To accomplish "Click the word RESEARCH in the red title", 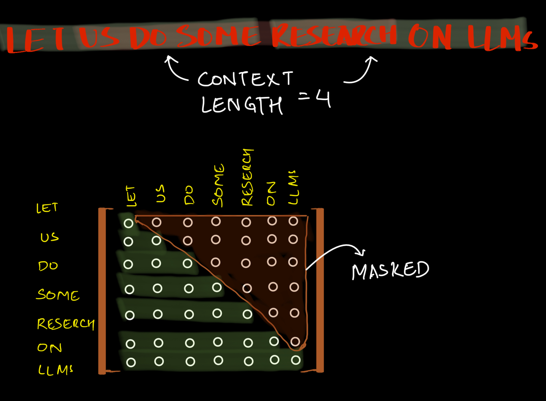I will pyautogui.click(x=334, y=35).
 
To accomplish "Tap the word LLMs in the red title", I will pyautogui.click(x=502, y=37).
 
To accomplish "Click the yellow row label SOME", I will pyautogui.click(x=58, y=295).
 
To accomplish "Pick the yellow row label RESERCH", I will pyautogui.click(x=65, y=324).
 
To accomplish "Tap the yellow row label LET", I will pyautogui.click(x=47, y=208).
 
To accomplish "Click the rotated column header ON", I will pyautogui.click(x=271, y=194).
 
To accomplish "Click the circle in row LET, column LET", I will pyautogui.click(x=129, y=223).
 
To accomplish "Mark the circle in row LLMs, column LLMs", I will pyautogui.click(x=296, y=360).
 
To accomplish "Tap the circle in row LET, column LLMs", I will pyautogui.click(x=293, y=221).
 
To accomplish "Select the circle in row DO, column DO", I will pyautogui.click(x=187, y=263).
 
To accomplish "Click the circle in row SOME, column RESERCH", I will pyautogui.click(x=247, y=288).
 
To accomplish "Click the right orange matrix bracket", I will pyautogui.click(x=320, y=290).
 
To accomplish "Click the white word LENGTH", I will pyautogui.click(x=242, y=105).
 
